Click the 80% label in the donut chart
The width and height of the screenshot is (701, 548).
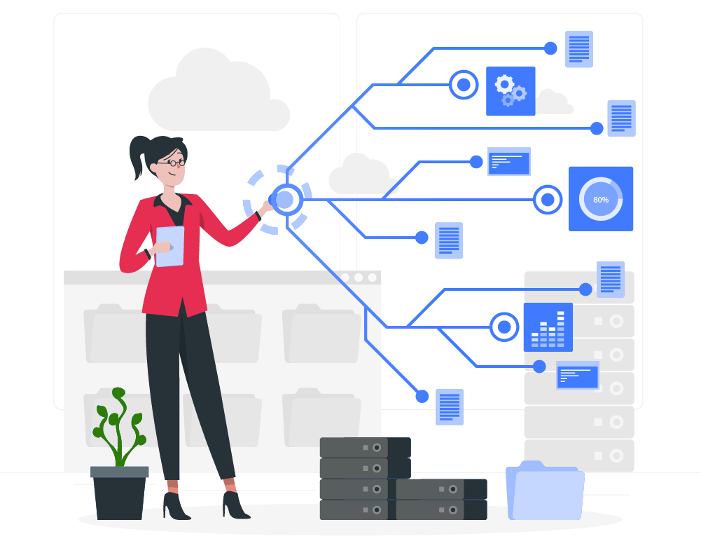pyautogui.click(x=601, y=200)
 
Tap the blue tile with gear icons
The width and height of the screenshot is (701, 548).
pyautogui.click(x=511, y=91)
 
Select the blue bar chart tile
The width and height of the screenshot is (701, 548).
pyautogui.click(x=548, y=327)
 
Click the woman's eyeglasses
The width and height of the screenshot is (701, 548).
pyautogui.click(x=174, y=163)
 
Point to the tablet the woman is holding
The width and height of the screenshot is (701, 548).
pyautogui.click(x=170, y=246)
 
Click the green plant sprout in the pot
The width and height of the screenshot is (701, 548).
pyautogui.click(x=119, y=427)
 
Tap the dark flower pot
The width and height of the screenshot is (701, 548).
pyautogui.click(x=120, y=493)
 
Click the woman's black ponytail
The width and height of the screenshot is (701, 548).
pyautogui.click(x=139, y=156)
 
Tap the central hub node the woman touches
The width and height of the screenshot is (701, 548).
pyautogui.click(x=285, y=200)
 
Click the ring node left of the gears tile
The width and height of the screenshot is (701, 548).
pyautogui.click(x=464, y=85)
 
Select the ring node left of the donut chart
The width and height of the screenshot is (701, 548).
pyautogui.click(x=548, y=200)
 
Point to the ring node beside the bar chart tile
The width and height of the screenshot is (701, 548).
pyautogui.click(x=504, y=327)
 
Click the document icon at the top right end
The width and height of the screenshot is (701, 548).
pyautogui.click(x=579, y=49)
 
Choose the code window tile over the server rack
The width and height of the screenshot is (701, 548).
pyautogui.click(x=578, y=375)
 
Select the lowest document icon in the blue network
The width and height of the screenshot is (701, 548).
pyautogui.click(x=450, y=406)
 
